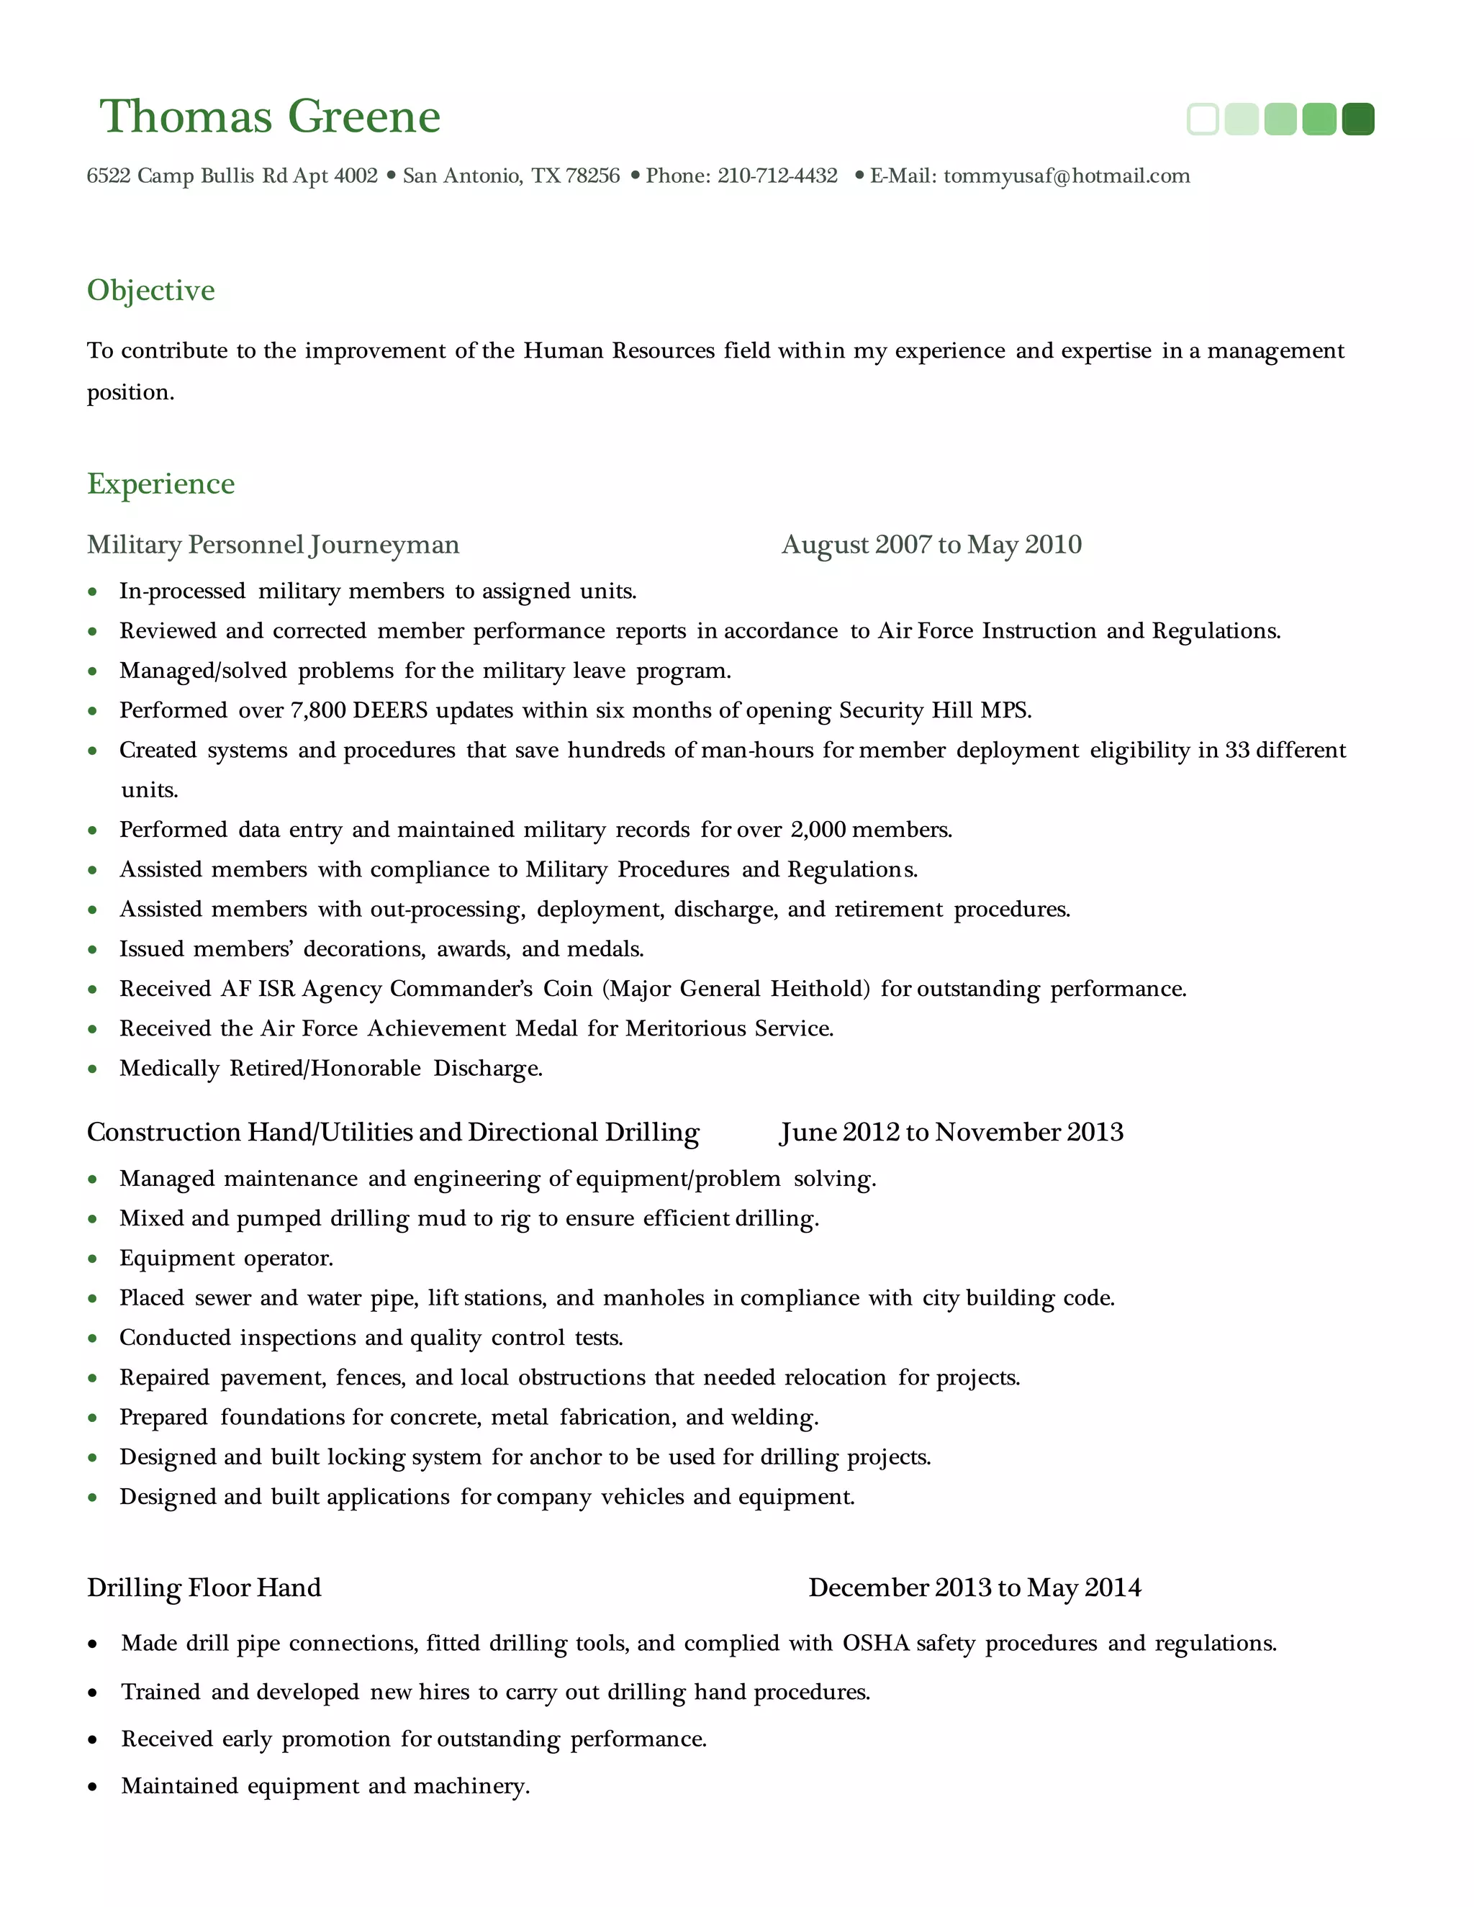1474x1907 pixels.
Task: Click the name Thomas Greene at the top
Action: (x=270, y=117)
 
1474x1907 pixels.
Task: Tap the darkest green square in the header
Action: (x=1358, y=119)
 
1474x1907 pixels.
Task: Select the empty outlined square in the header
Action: (x=1203, y=119)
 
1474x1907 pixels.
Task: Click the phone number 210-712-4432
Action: (x=777, y=176)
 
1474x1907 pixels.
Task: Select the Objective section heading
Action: (x=151, y=290)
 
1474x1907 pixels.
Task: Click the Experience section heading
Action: (x=160, y=484)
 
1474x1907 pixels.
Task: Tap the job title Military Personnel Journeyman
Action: (x=273, y=545)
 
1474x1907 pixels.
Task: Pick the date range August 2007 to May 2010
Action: (x=931, y=545)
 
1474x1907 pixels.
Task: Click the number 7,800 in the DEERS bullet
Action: (x=318, y=711)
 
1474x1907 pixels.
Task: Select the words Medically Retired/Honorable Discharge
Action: (x=331, y=1069)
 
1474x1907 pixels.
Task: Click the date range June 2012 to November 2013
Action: (x=951, y=1133)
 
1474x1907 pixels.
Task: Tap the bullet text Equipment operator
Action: (x=226, y=1258)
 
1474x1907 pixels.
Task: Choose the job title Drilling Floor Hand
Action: (x=204, y=1587)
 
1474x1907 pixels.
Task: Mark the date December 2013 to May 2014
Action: (x=975, y=1587)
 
